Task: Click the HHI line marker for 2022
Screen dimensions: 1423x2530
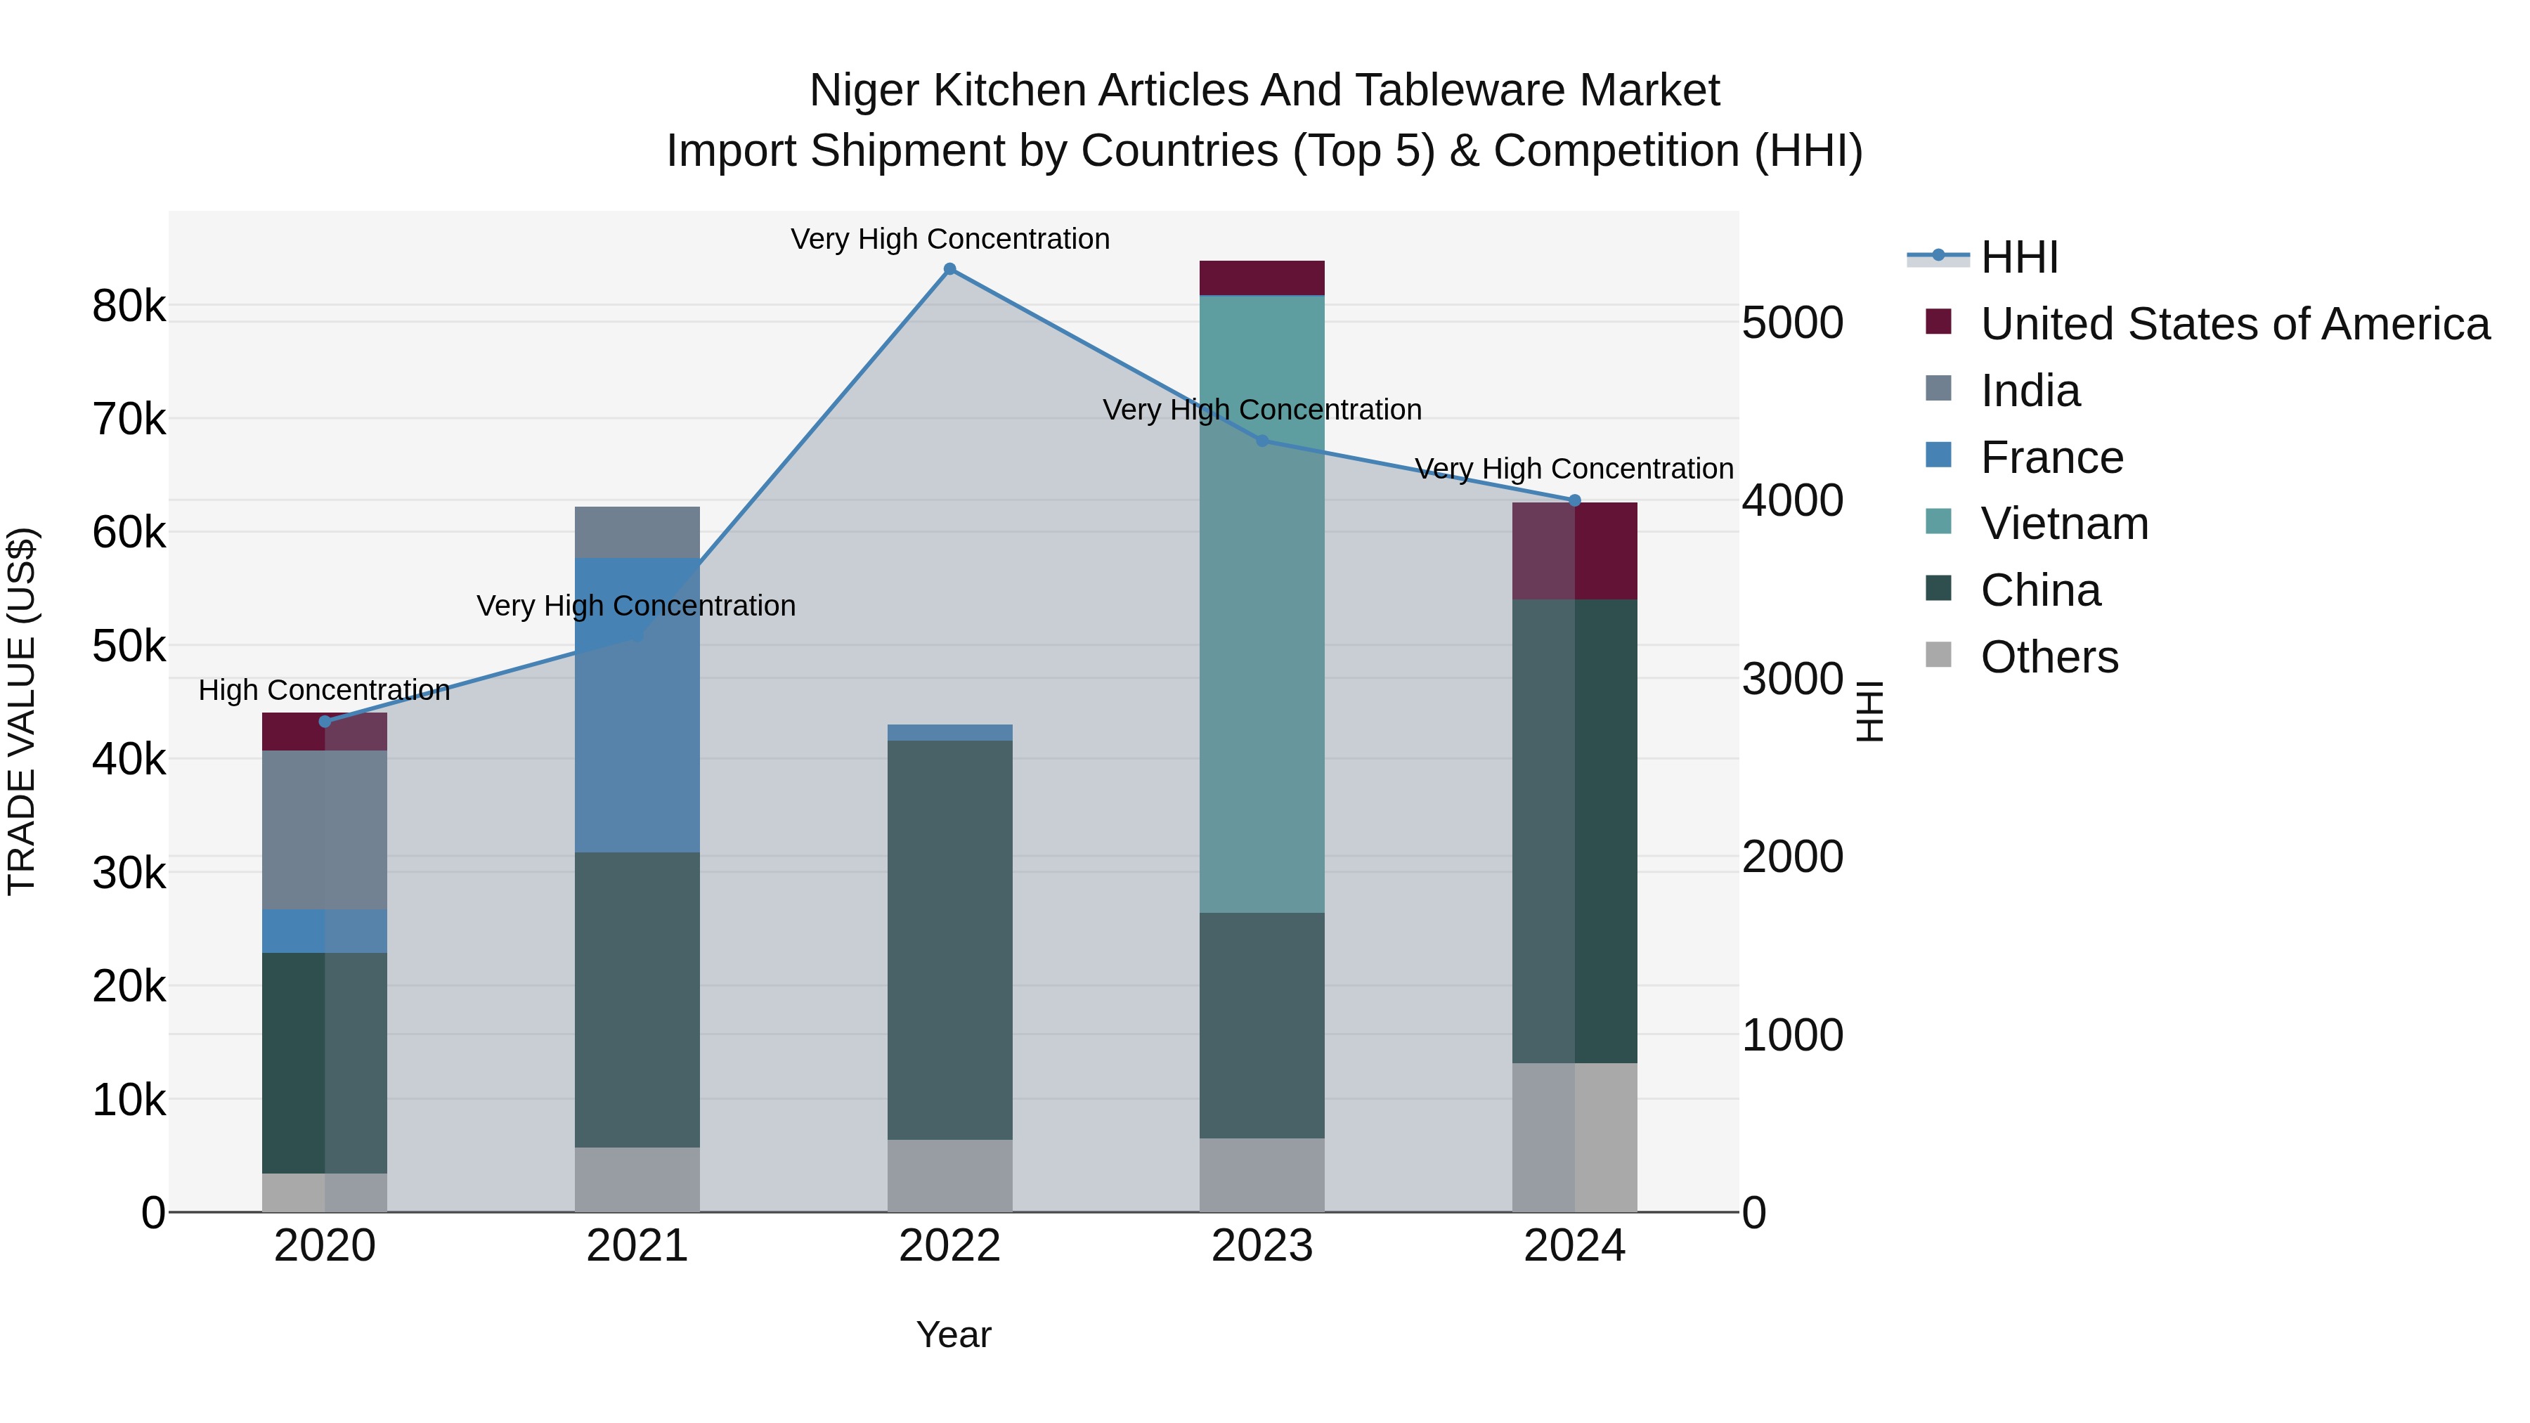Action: coord(949,269)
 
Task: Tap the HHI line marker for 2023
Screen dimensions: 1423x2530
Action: coord(1263,441)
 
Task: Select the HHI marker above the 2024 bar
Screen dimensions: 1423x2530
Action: coord(1576,501)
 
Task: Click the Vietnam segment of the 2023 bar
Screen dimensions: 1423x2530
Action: coord(1262,604)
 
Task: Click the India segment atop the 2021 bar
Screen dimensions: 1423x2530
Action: coord(637,532)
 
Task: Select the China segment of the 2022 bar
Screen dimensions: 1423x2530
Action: coord(949,940)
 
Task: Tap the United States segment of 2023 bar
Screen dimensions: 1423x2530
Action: coord(1262,278)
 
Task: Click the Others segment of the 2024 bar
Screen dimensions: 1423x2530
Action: coord(1576,1137)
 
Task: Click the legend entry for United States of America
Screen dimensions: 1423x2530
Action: coord(2234,324)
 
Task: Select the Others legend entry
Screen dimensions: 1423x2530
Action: coord(2049,657)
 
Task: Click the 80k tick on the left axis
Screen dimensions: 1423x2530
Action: coord(129,307)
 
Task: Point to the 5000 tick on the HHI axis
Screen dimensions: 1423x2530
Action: coord(1792,323)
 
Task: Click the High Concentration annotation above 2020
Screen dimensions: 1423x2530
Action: coord(324,690)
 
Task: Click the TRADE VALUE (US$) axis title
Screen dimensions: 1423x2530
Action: coord(22,711)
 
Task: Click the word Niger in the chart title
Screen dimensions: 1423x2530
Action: coord(863,91)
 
